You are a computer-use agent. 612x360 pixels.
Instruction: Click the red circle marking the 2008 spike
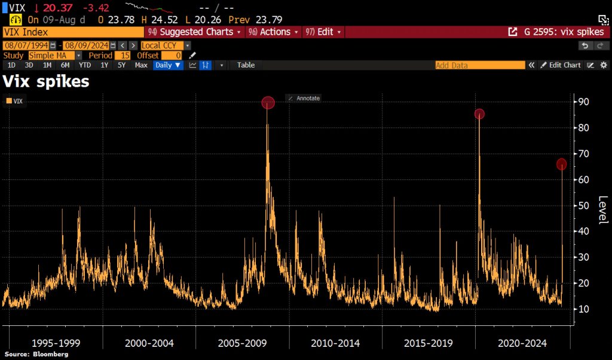point(268,103)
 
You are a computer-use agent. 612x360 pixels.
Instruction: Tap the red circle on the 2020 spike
point(479,114)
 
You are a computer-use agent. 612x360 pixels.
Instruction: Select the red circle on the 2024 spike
point(561,164)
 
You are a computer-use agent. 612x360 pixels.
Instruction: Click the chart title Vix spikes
point(47,81)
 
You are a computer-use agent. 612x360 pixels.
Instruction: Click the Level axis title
point(602,210)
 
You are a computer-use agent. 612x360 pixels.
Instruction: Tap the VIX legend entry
point(17,102)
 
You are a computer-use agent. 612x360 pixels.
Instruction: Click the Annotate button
point(304,98)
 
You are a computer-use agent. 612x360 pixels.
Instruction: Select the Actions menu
point(274,32)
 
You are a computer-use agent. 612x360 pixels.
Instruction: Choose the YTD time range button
point(85,65)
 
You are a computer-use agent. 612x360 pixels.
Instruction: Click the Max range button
point(141,65)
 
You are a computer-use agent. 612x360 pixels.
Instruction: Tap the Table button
point(246,65)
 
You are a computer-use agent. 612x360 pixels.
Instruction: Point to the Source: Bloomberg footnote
point(36,355)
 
